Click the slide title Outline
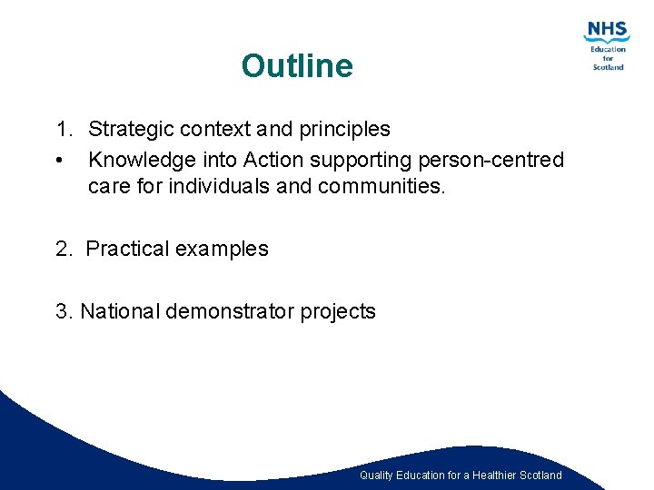pos(297,66)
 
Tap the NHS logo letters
pos(607,30)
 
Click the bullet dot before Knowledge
pos(58,162)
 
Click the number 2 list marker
pos(64,250)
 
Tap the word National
pos(120,312)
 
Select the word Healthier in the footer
pos(490,475)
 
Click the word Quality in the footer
pos(376,475)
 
